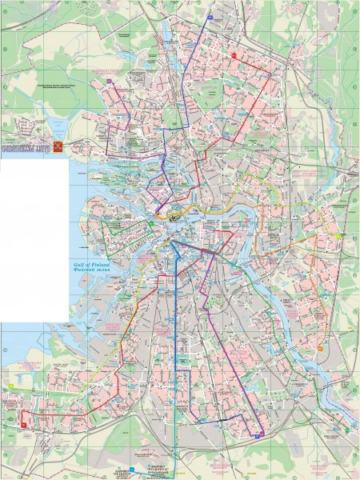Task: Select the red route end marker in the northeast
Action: [234, 56]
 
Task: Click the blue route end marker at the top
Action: [210, 15]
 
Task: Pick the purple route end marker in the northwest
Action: [111, 79]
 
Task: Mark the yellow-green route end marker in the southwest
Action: [11, 388]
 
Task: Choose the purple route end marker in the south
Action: [261, 434]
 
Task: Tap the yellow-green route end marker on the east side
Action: [340, 237]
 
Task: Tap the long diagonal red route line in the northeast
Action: [256, 104]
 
